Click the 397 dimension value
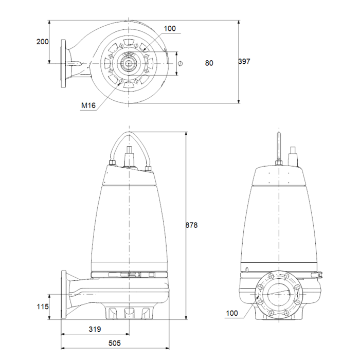point(244,62)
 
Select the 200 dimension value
point(43,42)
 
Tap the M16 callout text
point(88,105)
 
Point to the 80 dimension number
point(209,63)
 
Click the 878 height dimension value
point(191,225)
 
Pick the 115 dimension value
point(43,307)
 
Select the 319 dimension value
point(95,329)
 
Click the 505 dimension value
point(115,343)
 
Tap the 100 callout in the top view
point(170,28)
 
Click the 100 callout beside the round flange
point(232,313)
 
